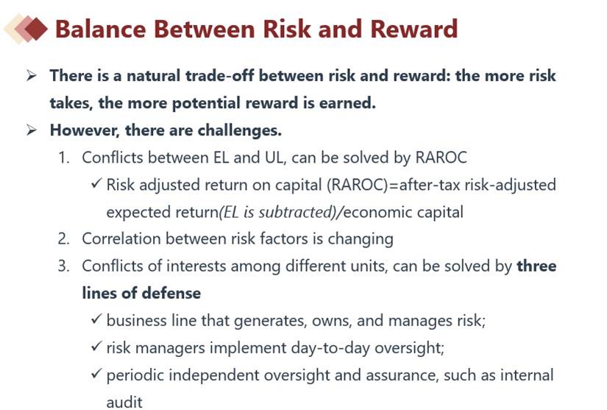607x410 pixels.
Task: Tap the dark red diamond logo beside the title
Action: [x=35, y=29]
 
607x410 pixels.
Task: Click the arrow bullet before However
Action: [x=32, y=130]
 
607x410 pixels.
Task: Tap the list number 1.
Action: [x=63, y=158]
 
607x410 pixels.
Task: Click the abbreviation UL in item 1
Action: [x=274, y=158]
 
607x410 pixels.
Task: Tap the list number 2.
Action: [x=63, y=239]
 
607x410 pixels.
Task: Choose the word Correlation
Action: [x=121, y=239]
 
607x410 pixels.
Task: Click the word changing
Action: [x=361, y=239]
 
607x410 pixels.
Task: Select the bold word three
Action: [x=536, y=266]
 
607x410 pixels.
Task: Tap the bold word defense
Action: [x=171, y=293]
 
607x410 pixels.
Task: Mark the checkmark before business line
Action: [x=96, y=319]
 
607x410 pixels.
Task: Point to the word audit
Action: [x=124, y=402]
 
